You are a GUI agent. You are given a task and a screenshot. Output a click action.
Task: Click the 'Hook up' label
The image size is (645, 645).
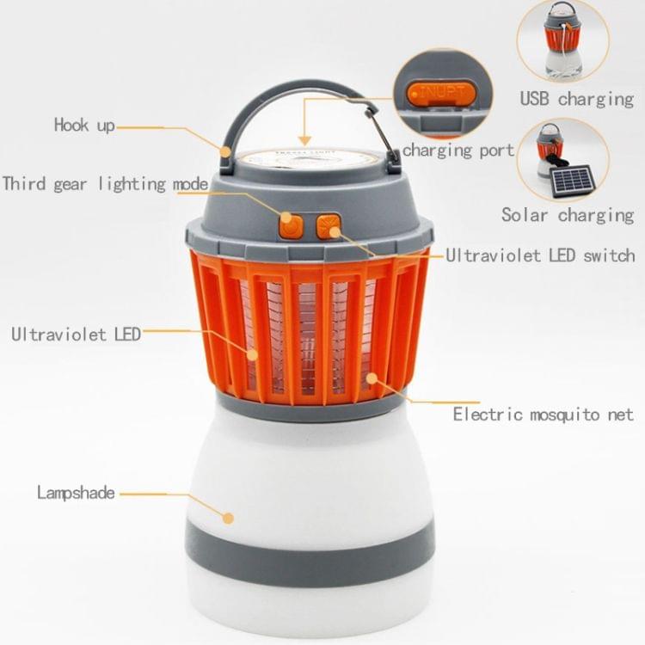click(x=84, y=125)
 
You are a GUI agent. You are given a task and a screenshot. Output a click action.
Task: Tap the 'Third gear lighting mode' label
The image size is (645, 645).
click(x=105, y=184)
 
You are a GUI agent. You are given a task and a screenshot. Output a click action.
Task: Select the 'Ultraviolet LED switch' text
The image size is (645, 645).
click(x=541, y=255)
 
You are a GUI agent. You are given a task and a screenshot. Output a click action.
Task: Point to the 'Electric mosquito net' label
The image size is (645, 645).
click(x=543, y=415)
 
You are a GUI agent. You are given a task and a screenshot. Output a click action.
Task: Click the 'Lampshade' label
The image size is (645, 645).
click(x=76, y=493)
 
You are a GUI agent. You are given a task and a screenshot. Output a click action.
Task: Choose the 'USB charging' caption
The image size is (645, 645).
click(x=577, y=99)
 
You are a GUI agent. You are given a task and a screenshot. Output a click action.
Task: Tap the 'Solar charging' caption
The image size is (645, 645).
click(x=568, y=215)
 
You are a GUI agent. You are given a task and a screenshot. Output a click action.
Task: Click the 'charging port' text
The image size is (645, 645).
click(x=458, y=150)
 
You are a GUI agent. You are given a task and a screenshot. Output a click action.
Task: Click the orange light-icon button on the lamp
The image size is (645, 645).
click(x=329, y=226)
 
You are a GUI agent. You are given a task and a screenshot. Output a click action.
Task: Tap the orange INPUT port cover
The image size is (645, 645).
click(x=441, y=94)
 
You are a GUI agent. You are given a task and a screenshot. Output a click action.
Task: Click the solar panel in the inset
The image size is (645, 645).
click(x=572, y=181)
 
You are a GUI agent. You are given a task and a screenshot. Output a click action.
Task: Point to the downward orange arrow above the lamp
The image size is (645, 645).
click(x=304, y=122)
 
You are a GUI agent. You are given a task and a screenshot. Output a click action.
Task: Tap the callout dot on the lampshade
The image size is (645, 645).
click(x=228, y=518)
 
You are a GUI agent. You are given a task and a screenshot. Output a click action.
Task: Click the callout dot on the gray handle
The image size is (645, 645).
click(x=225, y=151)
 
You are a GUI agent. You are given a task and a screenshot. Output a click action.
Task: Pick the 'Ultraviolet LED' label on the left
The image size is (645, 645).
click(x=76, y=335)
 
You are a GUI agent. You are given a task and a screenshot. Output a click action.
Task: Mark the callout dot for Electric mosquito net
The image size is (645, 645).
click(x=372, y=378)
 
